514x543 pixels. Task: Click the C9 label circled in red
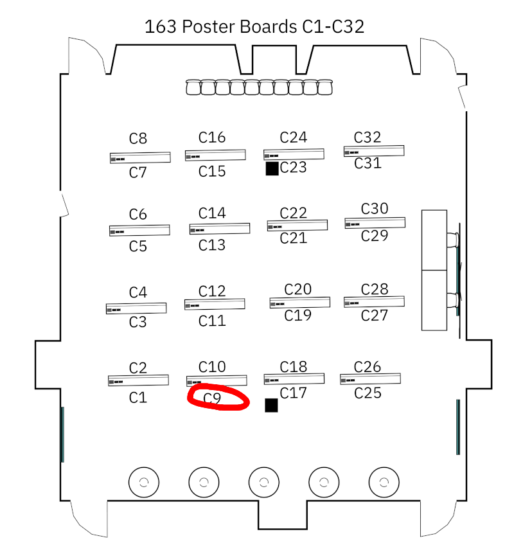(213, 398)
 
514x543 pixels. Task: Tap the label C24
(294, 137)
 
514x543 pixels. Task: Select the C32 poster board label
(368, 137)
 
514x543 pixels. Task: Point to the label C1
(138, 398)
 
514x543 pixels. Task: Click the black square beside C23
(272, 168)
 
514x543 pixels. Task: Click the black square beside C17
(271, 405)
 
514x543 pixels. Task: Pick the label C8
(138, 138)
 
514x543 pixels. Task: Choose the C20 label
(298, 289)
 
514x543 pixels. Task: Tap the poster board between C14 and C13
(220, 229)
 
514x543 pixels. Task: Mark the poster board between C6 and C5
(139, 230)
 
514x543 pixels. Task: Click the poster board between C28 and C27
(374, 301)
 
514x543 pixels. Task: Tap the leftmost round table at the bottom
(144, 481)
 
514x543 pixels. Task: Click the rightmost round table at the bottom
(384, 481)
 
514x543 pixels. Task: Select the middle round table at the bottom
(264, 481)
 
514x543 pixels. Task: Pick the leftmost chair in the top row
(193, 87)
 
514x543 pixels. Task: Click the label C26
(368, 367)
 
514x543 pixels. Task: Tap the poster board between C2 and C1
(138, 380)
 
